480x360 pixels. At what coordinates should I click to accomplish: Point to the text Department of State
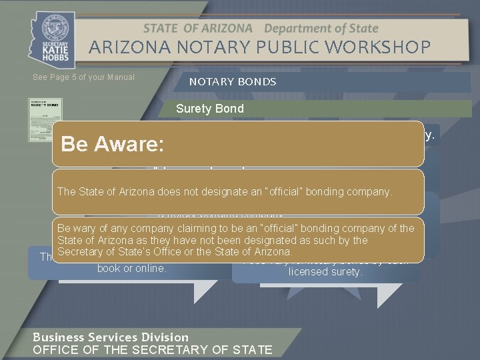point(321,29)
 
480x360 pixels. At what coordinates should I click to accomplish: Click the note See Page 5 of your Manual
point(83,77)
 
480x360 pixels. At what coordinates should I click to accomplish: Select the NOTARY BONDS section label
point(233,82)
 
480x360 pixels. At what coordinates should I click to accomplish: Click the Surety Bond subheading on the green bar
point(210,109)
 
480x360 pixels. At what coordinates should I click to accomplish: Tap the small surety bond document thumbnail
point(45,120)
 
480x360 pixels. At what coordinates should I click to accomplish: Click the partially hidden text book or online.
point(131,269)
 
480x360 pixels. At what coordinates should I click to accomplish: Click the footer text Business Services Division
point(111,337)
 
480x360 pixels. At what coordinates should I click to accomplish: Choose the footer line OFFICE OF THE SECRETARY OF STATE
point(152,350)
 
